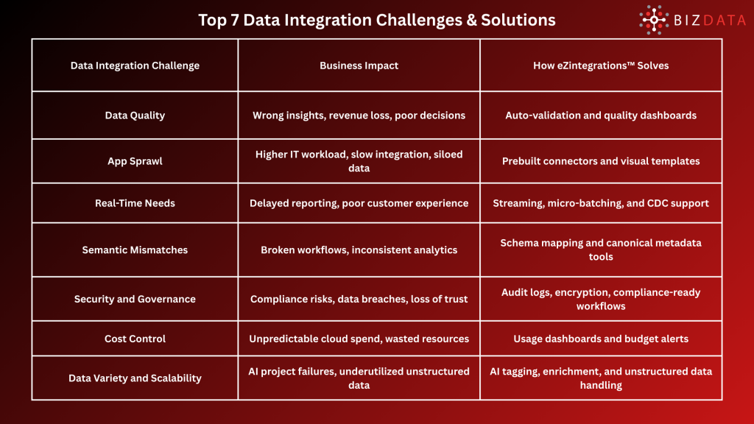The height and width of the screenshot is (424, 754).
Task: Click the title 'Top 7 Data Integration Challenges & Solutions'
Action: coord(376,20)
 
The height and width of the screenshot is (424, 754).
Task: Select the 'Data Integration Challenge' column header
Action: coord(135,66)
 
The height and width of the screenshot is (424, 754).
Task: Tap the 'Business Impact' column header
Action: coord(359,66)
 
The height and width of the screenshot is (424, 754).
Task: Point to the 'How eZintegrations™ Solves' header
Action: coord(601,66)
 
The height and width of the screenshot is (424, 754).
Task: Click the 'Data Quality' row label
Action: coord(135,115)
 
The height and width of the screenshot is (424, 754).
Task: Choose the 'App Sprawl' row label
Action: coord(135,161)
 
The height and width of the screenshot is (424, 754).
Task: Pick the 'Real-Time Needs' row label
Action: coord(135,203)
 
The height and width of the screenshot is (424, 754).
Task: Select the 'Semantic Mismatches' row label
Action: coord(135,250)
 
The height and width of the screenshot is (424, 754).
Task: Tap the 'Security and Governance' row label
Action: coord(135,299)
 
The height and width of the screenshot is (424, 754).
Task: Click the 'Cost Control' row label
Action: coord(135,339)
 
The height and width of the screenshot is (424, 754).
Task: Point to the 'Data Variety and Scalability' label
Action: coord(135,378)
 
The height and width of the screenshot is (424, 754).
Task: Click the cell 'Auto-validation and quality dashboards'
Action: coord(601,115)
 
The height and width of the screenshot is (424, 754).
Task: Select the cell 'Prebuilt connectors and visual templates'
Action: coord(601,161)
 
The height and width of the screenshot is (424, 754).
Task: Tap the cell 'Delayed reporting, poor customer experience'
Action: coord(359,203)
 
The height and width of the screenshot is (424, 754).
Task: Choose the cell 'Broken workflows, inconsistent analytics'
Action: coord(359,250)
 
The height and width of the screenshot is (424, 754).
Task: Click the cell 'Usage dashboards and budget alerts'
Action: coord(601,339)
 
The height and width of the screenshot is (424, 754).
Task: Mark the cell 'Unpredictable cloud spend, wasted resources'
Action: coord(359,339)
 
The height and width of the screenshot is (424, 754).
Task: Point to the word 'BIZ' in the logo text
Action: coord(689,21)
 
